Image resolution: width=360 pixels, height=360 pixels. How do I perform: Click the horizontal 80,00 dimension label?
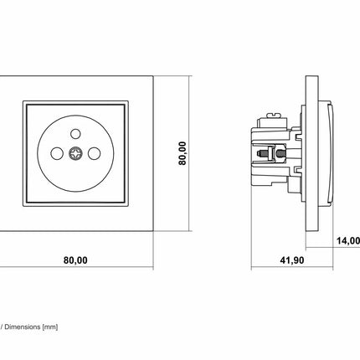tap(75, 260)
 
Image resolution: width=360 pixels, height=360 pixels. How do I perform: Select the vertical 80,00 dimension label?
tap(183, 153)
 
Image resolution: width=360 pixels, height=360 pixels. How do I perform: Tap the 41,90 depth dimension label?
tap(292, 260)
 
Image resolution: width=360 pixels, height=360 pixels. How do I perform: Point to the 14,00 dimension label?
tap(348, 240)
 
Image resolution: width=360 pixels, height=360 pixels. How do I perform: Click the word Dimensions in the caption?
tap(23, 327)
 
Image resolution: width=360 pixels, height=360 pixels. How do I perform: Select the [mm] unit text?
tap(50, 327)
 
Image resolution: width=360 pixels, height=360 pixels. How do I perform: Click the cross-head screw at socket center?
tap(75, 153)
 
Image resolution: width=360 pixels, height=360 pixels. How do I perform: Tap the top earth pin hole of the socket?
tap(75, 134)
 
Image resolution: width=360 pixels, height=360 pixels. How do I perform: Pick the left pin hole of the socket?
tap(57, 153)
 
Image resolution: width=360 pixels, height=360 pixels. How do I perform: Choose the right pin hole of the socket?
tap(94, 153)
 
